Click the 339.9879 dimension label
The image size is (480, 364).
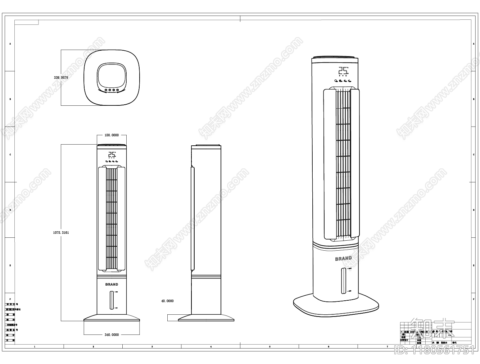click(61, 77)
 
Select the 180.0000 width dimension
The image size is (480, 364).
click(111, 135)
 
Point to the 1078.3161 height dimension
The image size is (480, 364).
click(61, 233)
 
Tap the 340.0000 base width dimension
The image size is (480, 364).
click(112, 335)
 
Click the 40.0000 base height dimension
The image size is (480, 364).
click(167, 301)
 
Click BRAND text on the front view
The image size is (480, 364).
click(112, 284)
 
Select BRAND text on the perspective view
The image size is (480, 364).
click(343, 259)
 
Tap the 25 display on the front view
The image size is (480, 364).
click(112, 155)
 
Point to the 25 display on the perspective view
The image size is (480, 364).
click(343, 70)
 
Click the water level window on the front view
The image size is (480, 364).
click(112, 300)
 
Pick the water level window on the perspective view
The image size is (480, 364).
click(343, 281)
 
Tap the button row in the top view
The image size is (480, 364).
click(112, 90)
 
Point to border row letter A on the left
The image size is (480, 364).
click(10, 44)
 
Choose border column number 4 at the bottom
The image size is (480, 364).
click(211, 347)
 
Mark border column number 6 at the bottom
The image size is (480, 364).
click(329, 347)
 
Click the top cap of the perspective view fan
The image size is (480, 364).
click(335, 58)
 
